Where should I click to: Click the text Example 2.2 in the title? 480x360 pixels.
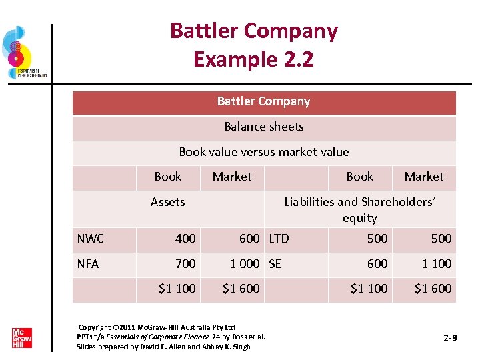click(253, 59)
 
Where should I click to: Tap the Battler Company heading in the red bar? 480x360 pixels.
click(263, 101)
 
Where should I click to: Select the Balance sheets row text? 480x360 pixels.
click(263, 127)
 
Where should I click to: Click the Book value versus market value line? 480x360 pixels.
click(263, 152)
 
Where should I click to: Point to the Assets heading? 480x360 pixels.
click(167, 202)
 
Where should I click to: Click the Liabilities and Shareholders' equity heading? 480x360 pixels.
click(360, 209)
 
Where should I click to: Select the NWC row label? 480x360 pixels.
click(90, 238)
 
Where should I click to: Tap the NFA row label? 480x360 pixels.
click(88, 263)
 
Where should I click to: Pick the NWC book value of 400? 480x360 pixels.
click(185, 238)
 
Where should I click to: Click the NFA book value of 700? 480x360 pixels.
click(185, 263)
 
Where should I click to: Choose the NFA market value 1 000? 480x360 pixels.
click(244, 263)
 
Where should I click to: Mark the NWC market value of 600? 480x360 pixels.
click(249, 238)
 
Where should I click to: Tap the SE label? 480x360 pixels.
click(275, 263)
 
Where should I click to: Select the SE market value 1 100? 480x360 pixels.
click(436, 263)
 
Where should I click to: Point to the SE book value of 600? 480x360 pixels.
click(377, 263)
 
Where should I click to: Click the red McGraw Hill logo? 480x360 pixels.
click(21, 338)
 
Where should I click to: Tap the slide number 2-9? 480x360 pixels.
click(450, 339)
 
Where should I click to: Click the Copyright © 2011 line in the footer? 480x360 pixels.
click(157, 327)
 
